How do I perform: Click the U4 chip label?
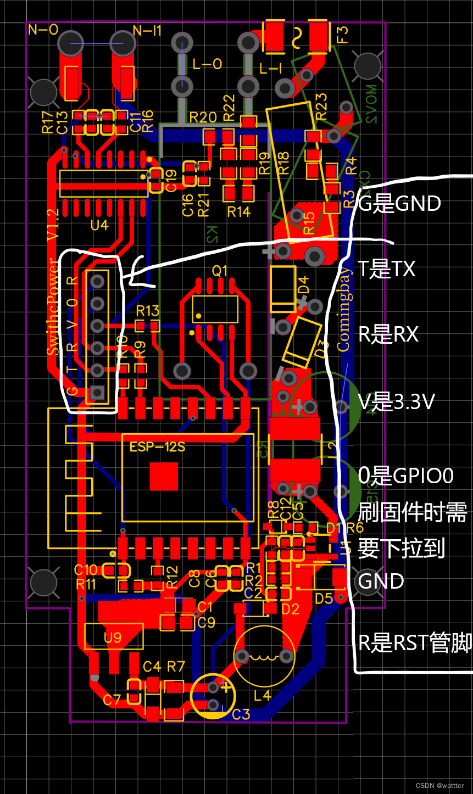(x=99, y=225)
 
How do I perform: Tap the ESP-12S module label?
(x=157, y=447)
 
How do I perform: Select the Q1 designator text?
(x=219, y=271)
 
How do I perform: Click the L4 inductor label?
(x=263, y=695)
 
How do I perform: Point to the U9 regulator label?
(x=113, y=638)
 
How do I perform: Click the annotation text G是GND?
(x=399, y=204)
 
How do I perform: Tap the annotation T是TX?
(x=386, y=269)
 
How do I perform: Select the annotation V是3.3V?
(x=396, y=402)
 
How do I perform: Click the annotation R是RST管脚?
(x=415, y=642)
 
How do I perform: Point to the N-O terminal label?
(x=43, y=30)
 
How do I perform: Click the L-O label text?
(x=207, y=64)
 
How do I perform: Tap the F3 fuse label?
(x=342, y=35)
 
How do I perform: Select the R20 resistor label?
(x=203, y=117)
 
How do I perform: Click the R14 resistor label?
(x=238, y=211)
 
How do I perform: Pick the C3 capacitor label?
(x=241, y=714)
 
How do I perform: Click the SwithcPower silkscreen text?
(x=54, y=307)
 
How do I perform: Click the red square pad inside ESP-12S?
(x=164, y=476)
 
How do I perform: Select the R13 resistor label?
(x=147, y=311)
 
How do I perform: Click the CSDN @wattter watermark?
(x=439, y=786)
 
